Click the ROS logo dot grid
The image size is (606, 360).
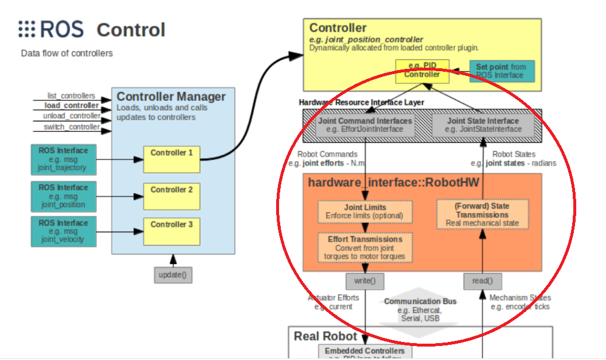27,29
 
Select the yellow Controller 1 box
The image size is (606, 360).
171,159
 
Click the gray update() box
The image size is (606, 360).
173,274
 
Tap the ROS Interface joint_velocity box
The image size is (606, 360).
63,231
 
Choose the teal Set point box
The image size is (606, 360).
501,71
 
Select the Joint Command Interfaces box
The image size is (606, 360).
365,125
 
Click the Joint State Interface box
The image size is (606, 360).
482,125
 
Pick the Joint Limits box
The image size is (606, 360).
365,211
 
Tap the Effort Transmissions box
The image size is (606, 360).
365,247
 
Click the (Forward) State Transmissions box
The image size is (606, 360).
482,214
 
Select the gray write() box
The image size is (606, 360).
365,281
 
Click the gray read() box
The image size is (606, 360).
483,281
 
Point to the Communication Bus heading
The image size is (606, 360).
420,301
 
